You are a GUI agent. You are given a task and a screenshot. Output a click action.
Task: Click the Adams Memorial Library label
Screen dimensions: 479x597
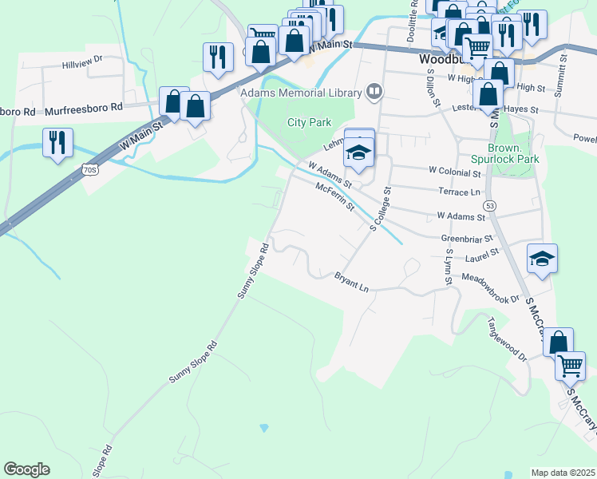tap(301, 93)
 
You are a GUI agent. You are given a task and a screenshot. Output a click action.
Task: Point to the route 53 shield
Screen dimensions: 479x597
tap(489, 205)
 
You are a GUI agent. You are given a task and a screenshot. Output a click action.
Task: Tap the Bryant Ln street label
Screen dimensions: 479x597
tap(351, 281)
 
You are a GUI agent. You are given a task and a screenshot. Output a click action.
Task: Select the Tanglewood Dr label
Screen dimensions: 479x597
tap(508, 340)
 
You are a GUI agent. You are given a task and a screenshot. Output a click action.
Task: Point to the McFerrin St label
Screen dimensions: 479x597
tap(334, 196)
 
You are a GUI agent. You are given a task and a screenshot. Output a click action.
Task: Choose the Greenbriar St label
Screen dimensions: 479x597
tap(464, 238)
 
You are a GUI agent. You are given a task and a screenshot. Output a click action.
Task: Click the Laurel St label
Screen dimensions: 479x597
tap(482, 251)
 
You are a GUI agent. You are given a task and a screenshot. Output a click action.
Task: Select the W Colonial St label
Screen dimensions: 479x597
tap(455, 171)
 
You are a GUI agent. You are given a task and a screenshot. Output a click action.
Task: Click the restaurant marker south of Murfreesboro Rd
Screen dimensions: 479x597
tap(57, 143)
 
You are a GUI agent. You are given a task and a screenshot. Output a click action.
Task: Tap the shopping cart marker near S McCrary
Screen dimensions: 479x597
tap(570, 366)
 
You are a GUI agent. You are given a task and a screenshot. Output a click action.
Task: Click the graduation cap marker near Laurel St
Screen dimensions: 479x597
tap(542, 258)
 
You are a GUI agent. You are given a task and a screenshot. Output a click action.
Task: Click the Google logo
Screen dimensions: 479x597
tap(27, 469)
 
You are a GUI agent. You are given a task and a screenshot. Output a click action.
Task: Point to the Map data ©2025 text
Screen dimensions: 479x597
tap(563, 473)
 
